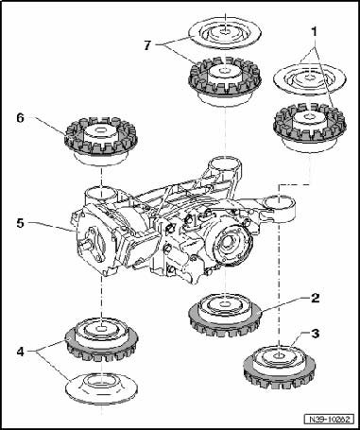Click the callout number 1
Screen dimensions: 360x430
pyautogui.click(x=314, y=32)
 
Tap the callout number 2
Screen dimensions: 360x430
pyautogui.click(x=315, y=298)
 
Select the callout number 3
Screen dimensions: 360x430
pyautogui.click(x=315, y=334)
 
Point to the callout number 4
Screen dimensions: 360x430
pyautogui.click(x=21, y=352)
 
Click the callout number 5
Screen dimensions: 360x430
pyautogui.click(x=20, y=223)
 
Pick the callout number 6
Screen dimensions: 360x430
pyautogui.click(x=21, y=118)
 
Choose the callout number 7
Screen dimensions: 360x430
pyautogui.click(x=147, y=45)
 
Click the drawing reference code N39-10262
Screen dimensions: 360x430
pyautogui.click(x=330, y=420)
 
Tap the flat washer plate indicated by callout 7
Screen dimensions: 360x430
pyautogui.click(x=225, y=32)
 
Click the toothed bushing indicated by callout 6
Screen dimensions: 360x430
pyautogui.click(x=101, y=141)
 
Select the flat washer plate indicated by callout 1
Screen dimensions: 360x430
pyautogui.click(x=310, y=79)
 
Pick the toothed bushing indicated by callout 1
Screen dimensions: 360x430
pyautogui.click(x=310, y=128)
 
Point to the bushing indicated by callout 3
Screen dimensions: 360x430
pyautogui.click(x=279, y=367)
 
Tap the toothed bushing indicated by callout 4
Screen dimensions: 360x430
pyautogui.click(x=101, y=339)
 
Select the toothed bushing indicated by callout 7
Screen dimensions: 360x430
pyautogui.click(x=225, y=82)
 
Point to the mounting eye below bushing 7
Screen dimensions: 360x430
pyautogui.click(x=225, y=166)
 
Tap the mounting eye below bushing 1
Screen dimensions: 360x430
pyautogui.click(x=279, y=206)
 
